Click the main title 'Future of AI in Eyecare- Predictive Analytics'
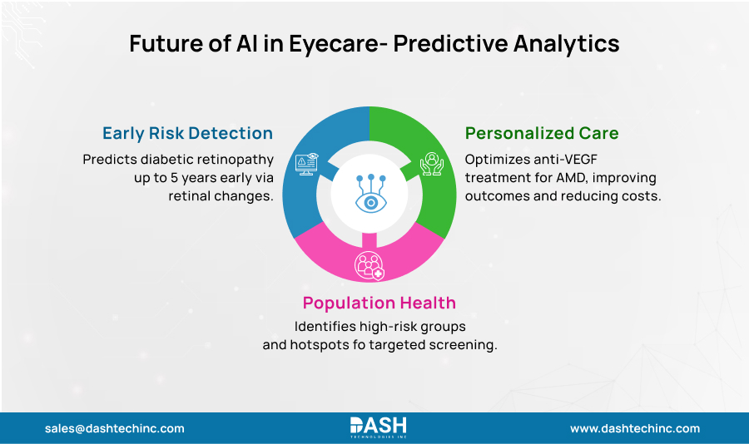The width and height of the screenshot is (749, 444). [374, 44]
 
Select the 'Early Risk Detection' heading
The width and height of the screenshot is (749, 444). [187, 133]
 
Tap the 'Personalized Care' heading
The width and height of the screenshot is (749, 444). [542, 133]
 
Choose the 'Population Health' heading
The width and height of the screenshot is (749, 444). [379, 303]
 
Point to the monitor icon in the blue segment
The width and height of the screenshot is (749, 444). [306, 163]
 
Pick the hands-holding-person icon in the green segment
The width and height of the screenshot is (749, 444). [432, 163]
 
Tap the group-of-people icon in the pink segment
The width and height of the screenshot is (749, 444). [369, 265]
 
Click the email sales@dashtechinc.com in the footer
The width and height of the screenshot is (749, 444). [115, 429]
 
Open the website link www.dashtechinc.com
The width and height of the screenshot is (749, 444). [634, 429]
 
